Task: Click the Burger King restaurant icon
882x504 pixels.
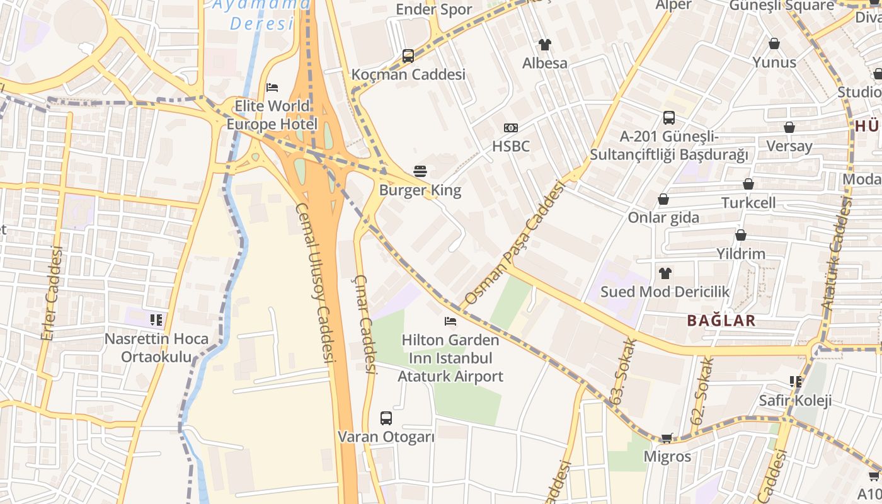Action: point(420,171)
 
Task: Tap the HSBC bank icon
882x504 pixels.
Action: point(511,128)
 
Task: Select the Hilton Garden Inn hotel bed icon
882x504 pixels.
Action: point(450,321)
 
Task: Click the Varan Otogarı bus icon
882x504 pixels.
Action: point(386,418)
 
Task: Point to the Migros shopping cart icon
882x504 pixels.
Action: point(667,438)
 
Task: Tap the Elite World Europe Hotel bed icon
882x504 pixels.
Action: point(272,87)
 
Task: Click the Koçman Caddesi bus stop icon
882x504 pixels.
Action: point(408,56)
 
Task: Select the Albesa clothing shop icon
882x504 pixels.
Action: point(545,45)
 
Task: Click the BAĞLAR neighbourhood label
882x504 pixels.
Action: point(721,321)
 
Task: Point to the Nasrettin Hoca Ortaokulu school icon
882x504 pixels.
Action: point(156,320)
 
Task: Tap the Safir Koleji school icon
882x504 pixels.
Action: point(796,382)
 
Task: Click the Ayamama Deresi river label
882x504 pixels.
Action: point(261,14)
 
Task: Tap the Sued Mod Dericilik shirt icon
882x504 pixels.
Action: point(665,273)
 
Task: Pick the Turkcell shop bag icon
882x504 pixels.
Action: point(748,184)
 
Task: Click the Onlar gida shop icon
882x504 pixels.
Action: point(663,200)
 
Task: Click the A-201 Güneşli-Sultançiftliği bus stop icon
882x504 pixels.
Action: point(669,118)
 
